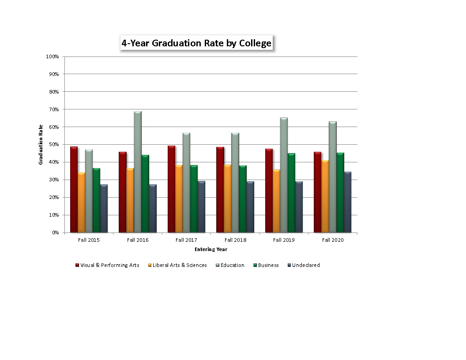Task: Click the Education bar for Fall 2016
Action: pos(138,172)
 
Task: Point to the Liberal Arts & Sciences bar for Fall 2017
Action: pos(179,199)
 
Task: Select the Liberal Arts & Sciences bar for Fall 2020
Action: pos(325,196)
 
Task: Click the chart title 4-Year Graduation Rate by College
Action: pos(197,43)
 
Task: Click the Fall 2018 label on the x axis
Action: pos(235,240)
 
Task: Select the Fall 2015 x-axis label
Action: pos(89,240)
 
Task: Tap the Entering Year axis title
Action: pos(211,249)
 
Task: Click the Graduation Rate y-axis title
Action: pos(41,144)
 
